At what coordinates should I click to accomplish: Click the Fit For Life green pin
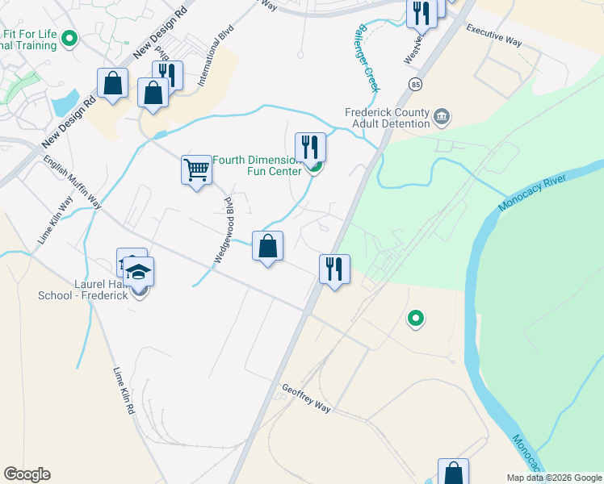[69, 37]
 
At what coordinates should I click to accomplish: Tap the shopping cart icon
[196, 169]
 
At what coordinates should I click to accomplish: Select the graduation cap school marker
[140, 272]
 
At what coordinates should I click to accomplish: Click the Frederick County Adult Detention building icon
[441, 118]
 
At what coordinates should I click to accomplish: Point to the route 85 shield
[416, 83]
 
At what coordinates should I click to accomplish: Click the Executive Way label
[494, 35]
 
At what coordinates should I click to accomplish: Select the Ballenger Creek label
[366, 56]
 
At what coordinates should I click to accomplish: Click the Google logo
[27, 474]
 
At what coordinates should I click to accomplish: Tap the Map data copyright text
[554, 478]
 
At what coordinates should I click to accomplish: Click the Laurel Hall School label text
[83, 290]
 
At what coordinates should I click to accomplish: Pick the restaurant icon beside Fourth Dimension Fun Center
[310, 148]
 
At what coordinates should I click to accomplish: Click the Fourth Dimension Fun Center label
[257, 165]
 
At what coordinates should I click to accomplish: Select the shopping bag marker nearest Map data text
[453, 471]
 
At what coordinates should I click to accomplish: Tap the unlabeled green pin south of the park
[416, 319]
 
